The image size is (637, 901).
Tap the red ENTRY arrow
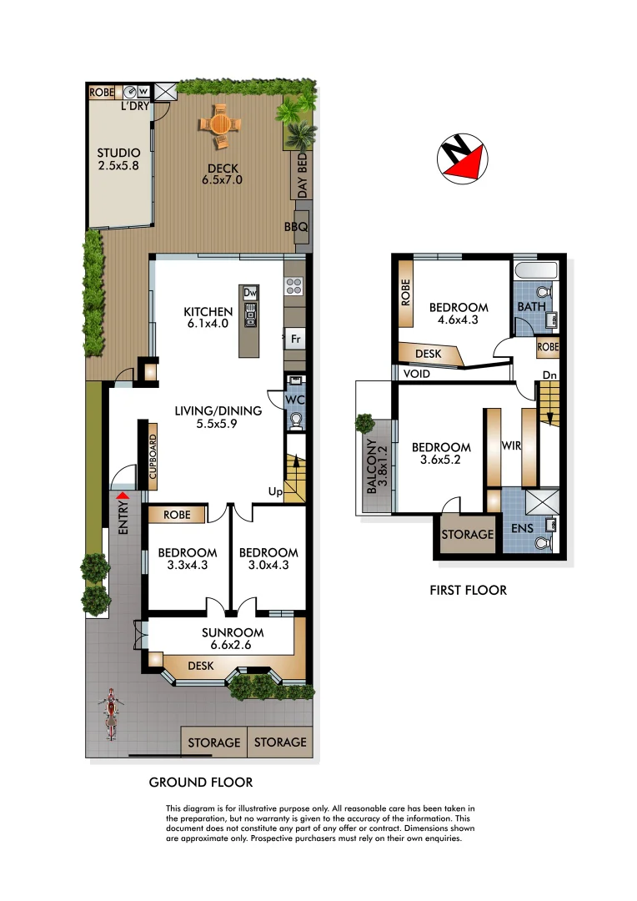click(123, 496)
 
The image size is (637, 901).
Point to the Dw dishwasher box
click(250, 293)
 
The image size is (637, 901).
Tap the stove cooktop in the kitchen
click(294, 286)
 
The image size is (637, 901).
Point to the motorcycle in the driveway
click(109, 713)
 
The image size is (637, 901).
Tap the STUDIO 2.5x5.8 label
click(118, 159)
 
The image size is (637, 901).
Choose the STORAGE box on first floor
click(463, 535)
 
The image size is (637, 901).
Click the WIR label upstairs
click(511, 446)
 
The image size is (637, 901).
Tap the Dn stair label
click(549, 375)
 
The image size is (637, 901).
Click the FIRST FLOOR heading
click(468, 590)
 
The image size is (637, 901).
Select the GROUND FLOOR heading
click(200, 782)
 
